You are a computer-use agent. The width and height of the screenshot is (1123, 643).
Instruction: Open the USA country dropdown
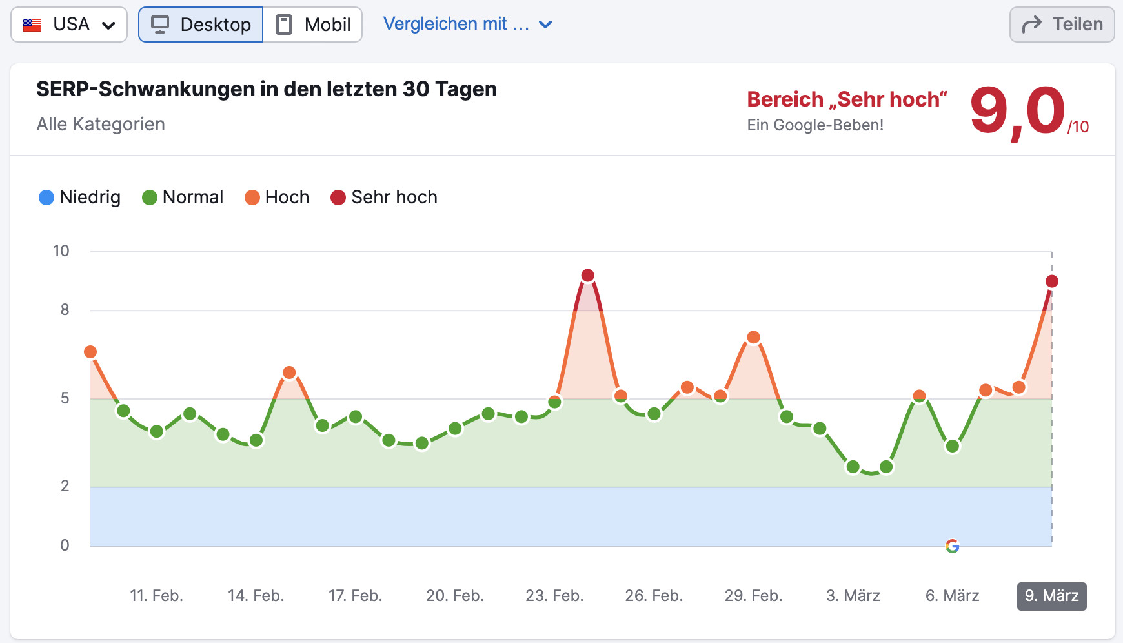pyautogui.click(x=69, y=25)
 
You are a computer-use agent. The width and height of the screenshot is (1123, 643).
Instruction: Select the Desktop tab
pyautogui.click(x=201, y=25)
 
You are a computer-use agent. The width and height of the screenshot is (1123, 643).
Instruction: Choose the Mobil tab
pyautogui.click(x=313, y=25)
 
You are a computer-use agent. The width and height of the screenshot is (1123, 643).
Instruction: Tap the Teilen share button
pyautogui.click(x=1062, y=25)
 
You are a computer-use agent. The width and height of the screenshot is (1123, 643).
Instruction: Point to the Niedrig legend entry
pyautogui.click(x=80, y=197)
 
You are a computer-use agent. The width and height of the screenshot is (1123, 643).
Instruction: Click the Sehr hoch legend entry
pyautogui.click(x=384, y=197)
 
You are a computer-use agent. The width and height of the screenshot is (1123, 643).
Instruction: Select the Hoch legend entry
pyautogui.click(x=277, y=197)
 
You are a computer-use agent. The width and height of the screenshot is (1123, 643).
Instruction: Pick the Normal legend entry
pyautogui.click(x=183, y=197)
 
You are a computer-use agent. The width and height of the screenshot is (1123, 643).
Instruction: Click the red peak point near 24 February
pyautogui.click(x=587, y=276)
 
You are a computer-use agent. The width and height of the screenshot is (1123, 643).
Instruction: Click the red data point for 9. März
pyautogui.click(x=1052, y=281)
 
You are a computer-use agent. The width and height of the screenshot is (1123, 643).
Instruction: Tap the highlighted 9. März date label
pyautogui.click(x=1051, y=596)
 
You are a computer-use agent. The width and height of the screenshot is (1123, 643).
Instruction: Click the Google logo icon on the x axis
pyautogui.click(x=952, y=546)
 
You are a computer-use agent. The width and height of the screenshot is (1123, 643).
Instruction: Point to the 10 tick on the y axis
pyautogui.click(x=61, y=251)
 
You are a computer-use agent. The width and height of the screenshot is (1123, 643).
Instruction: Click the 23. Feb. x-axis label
pyautogui.click(x=554, y=596)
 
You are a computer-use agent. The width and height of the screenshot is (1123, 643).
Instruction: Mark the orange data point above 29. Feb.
pyautogui.click(x=753, y=338)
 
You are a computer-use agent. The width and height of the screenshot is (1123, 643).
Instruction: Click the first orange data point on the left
pyautogui.click(x=90, y=352)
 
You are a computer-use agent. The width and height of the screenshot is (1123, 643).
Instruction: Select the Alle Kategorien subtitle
pyautogui.click(x=101, y=124)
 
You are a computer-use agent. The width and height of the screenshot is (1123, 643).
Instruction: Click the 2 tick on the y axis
pyautogui.click(x=65, y=486)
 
